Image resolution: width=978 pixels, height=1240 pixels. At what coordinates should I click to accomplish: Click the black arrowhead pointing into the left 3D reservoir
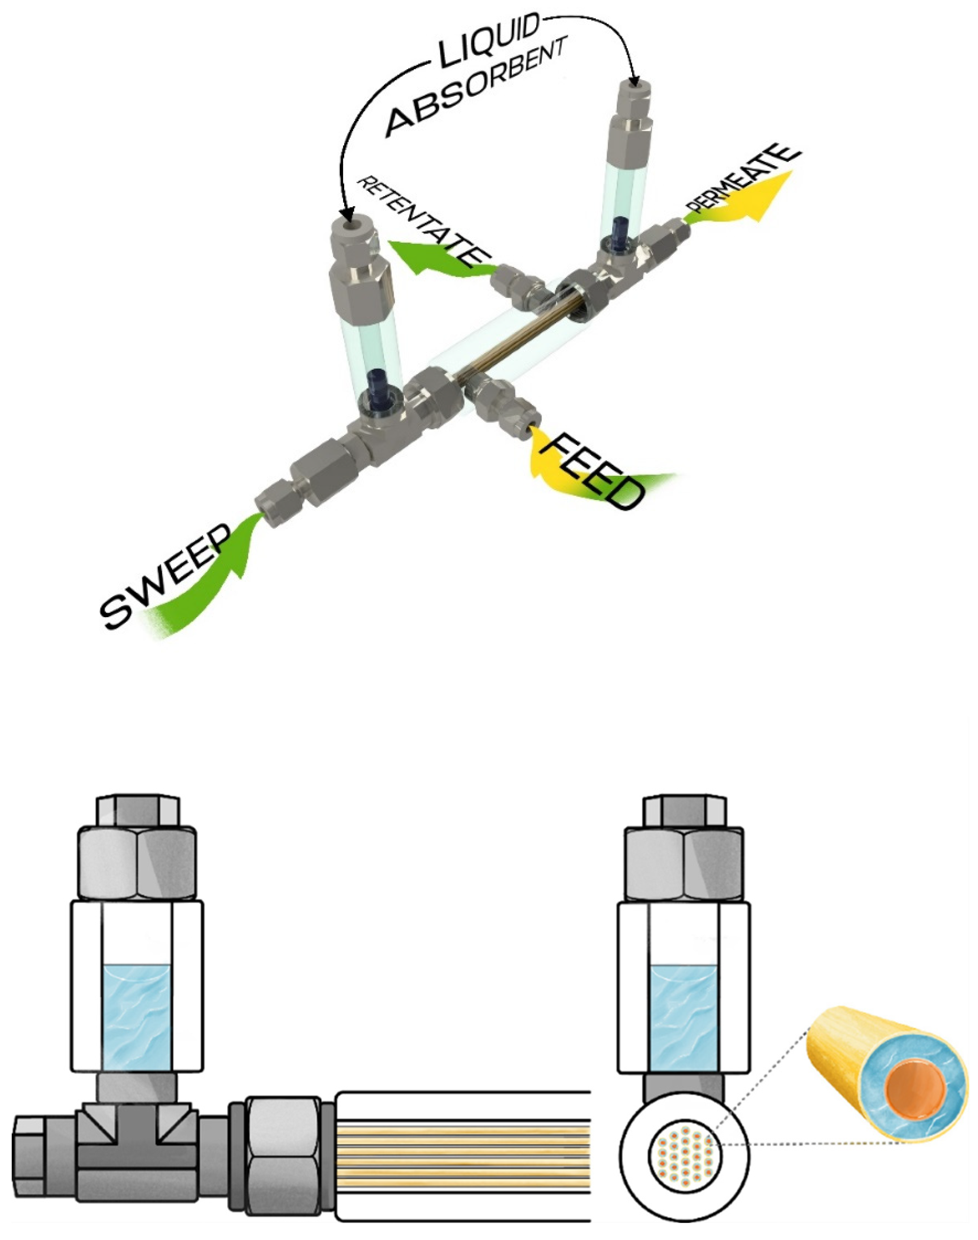point(346,215)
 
